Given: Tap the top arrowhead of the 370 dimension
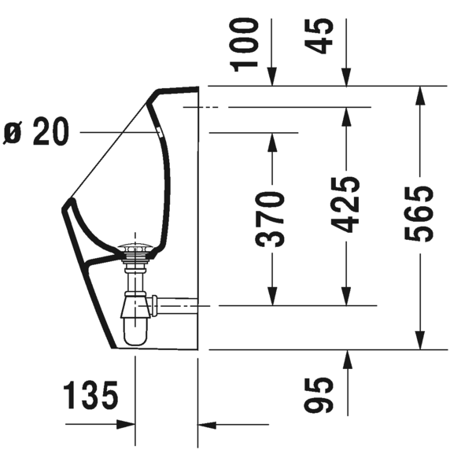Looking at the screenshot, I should pyautogui.click(x=271, y=142).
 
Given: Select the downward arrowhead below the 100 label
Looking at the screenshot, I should pyautogui.click(x=271, y=76).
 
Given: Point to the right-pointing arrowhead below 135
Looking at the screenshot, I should pyautogui.click(x=126, y=425).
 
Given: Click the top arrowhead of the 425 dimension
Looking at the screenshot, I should pyautogui.click(x=346, y=115).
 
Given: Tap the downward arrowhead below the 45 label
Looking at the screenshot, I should pyautogui.click(x=346, y=76).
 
